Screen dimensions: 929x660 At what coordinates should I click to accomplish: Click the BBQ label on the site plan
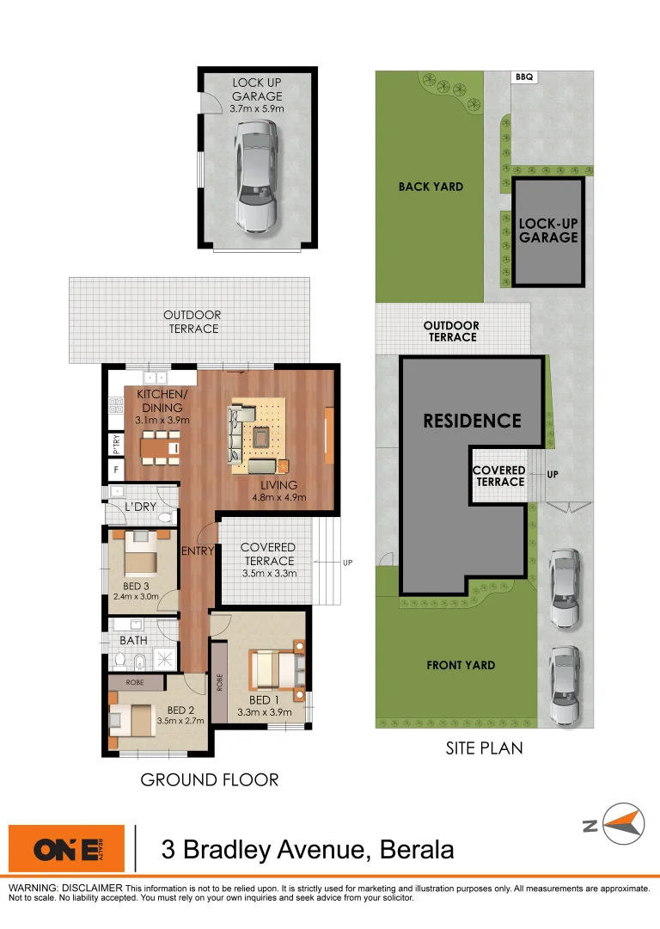click(x=524, y=77)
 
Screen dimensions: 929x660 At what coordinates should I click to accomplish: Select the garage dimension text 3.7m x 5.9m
click(x=257, y=109)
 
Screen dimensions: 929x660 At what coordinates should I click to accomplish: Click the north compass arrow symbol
click(x=623, y=824)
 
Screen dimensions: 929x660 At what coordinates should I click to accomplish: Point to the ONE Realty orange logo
click(x=65, y=850)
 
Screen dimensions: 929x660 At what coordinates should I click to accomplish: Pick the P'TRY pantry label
click(x=115, y=443)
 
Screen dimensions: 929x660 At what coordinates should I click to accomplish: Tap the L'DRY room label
click(x=140, y=507)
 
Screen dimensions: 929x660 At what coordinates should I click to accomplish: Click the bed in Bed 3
click(x=141, y=554)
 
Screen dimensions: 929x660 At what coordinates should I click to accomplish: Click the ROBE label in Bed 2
click(x=134, y=682)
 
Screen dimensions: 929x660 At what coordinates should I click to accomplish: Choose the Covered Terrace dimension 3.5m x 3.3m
click(x=269, y=573)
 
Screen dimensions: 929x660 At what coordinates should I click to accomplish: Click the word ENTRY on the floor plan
click(x=197, y=551)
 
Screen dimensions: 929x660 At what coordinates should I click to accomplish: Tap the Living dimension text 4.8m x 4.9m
click(x=278, y=497)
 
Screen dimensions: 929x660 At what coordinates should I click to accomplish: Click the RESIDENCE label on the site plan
click(x=472, y=421)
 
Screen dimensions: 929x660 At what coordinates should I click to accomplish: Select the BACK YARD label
click(x=431, y=187)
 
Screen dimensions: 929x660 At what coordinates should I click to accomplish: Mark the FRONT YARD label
click(x=461, y=665)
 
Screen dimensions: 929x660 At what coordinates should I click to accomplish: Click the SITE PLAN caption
click(x=484, y=748)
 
